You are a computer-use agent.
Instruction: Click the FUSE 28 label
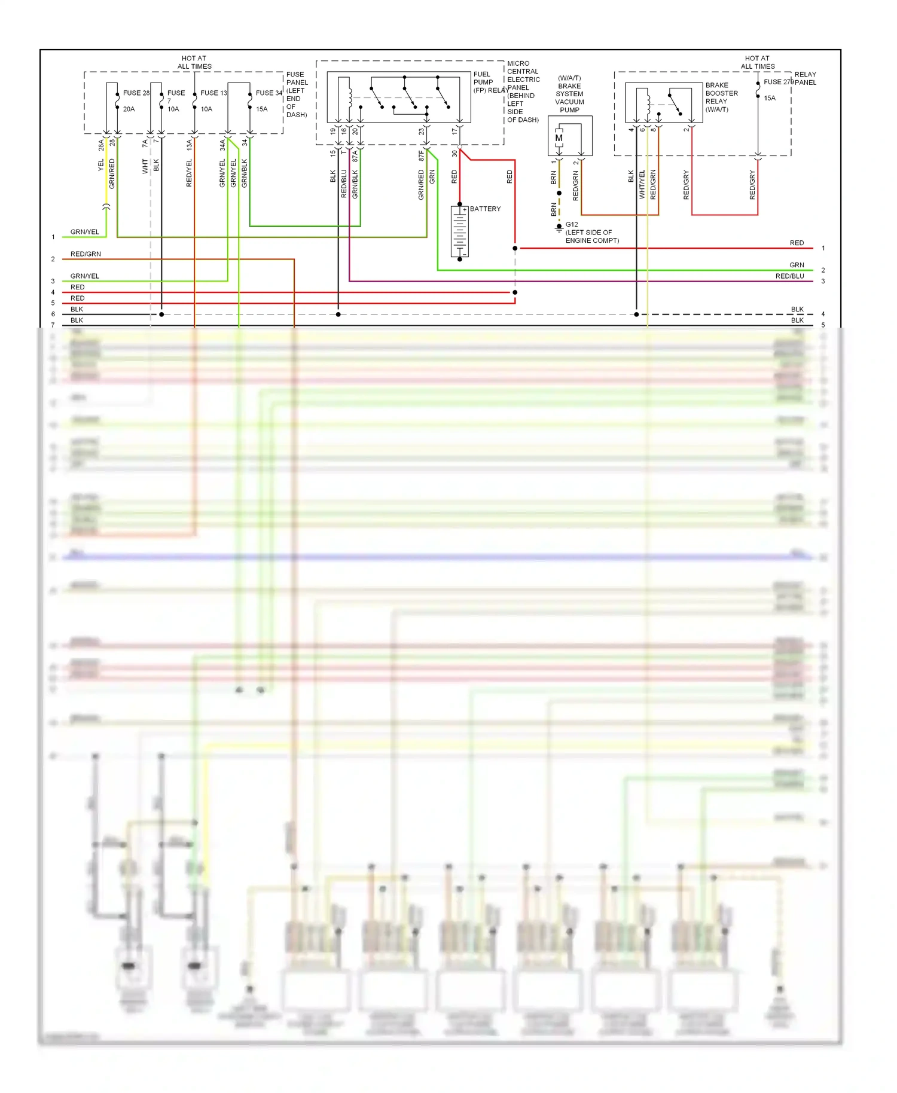coord(136,93)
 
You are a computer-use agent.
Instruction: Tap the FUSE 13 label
coord(213,93)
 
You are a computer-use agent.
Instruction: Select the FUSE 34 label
coord(269,93)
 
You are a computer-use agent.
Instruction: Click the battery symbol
coord(459,232)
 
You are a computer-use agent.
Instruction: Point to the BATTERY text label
coord(485,209)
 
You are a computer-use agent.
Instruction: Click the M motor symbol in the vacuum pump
coord(559,138)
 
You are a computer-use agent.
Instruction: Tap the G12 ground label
coord(572,225)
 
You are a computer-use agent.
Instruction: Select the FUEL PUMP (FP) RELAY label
coord(490,83)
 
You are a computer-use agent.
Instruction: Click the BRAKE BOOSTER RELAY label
coord(721,97)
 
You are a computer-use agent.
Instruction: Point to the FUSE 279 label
coord(779,82)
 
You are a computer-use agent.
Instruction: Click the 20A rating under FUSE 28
coord(129,109)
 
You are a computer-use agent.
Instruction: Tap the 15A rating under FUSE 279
coord(770,98)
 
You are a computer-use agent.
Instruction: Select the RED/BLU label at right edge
coord(789,276)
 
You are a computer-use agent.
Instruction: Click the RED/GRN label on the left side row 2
coord(86,254)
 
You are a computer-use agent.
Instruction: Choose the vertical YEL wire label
coord(101,165)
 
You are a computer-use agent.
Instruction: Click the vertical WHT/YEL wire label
coord(642,184)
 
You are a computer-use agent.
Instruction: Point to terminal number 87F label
coord(421,155)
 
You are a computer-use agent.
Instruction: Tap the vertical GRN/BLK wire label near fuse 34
coord(244,173)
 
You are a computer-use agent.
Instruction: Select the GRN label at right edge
coord(797,265)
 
